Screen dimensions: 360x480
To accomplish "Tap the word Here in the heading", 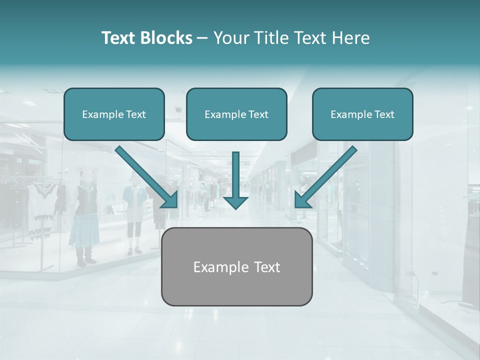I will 351,38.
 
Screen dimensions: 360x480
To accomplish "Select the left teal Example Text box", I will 114,114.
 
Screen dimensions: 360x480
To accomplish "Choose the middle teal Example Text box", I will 236,114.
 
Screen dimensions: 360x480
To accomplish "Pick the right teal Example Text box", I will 362,114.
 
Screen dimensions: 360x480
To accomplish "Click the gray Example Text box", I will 236,266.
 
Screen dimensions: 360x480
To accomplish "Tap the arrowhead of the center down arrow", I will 235,201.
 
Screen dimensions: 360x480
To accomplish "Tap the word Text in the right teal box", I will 383,114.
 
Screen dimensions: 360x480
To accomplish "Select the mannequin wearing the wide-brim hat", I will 134,210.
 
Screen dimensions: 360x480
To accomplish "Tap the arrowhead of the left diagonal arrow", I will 170,200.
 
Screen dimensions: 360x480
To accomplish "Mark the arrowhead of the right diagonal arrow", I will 302,200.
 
